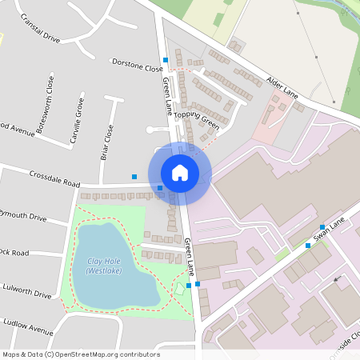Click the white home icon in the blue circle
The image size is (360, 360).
coord(180,172)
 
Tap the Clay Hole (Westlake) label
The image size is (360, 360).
coord(103,266)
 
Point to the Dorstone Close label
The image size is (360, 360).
coord(137,65)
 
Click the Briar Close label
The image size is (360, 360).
coord(106,142)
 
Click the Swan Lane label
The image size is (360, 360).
coord(330,228)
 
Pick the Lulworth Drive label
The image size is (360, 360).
coord(26,290)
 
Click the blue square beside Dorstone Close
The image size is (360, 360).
coord(166,60)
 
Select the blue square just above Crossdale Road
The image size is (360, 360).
coord(134,177)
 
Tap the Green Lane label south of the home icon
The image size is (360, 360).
coord(190,255)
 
